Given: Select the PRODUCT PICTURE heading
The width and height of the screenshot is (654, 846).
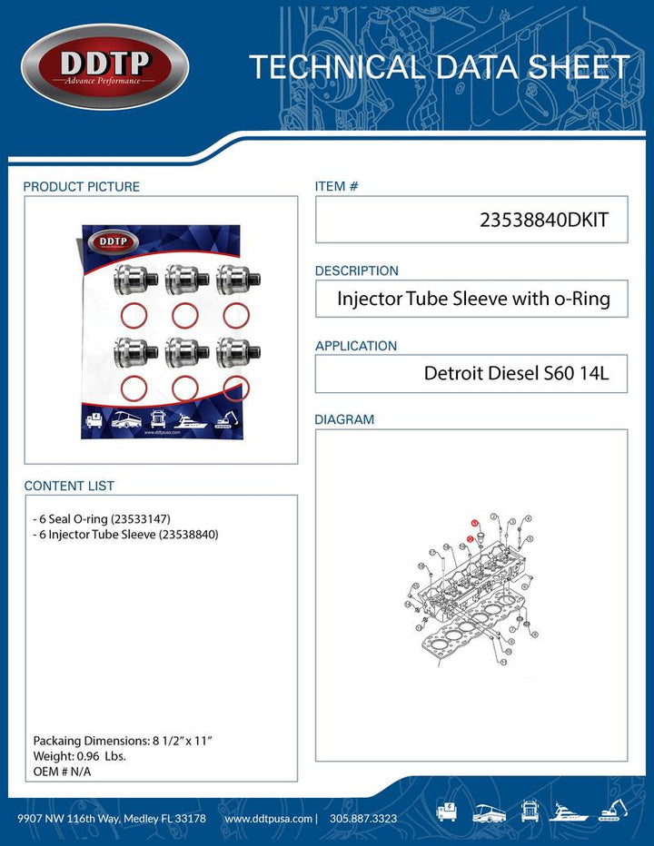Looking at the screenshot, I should [x=82, y=187].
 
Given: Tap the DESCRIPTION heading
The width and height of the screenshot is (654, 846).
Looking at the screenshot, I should [x=356, y=271].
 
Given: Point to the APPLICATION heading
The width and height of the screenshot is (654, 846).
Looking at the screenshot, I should [x=356, y=346].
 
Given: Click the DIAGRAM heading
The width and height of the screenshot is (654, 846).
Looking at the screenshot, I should [x=344, y=420].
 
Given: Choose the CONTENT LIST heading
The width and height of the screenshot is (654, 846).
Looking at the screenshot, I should [x=69, y=487].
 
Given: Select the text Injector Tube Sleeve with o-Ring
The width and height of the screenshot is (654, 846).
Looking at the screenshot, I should [x=473, y=299].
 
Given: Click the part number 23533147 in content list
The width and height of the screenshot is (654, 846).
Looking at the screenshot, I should [x=137, y=518].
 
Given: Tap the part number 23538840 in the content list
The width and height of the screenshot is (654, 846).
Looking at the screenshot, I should [x=188, y=535].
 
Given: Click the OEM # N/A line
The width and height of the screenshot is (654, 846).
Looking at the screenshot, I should [x=62, y=772].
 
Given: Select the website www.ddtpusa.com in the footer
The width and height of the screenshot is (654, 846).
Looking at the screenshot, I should [x=269, y=819].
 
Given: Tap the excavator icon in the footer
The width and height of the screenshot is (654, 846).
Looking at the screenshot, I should [x=615, y=810].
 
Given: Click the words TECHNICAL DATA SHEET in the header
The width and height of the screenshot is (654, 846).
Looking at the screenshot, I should [x=439, y=67].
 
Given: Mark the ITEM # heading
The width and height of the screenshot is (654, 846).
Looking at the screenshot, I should [x=336, y=186].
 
